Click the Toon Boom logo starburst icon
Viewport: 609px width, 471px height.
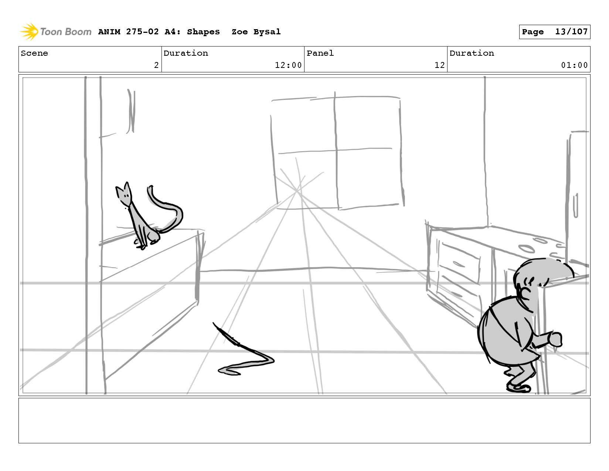tap(29, 31)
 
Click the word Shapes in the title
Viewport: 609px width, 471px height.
tap(203, 32)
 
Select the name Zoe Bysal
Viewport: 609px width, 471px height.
tap(256, 32)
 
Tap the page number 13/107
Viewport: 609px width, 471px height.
tap(571, 32)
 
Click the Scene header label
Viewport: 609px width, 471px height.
tap(34, 53)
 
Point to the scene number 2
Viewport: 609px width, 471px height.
tap(156, 65)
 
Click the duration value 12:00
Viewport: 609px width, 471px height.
tap(288, 65)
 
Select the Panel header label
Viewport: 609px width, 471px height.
tap(320, 53)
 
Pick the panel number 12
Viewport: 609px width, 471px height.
tap(439, 65)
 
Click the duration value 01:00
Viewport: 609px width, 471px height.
tap(574, 65)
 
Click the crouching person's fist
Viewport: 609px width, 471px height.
tap(555, 339)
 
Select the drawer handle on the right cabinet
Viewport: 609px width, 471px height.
tap(459, 264)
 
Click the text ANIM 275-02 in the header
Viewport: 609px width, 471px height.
tap(128, 32)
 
